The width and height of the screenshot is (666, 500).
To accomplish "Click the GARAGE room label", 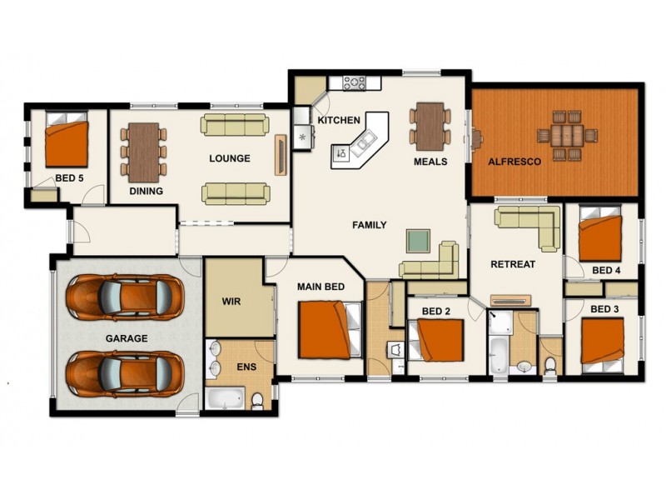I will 127,338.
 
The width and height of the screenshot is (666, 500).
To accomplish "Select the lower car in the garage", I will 125,372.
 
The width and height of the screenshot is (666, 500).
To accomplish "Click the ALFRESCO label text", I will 514,162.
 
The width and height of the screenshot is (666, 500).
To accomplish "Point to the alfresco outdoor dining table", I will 567,134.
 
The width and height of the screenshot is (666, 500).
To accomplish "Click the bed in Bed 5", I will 67,144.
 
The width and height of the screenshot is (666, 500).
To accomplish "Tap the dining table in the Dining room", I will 143,151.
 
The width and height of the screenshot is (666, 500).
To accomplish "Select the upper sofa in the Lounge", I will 235,125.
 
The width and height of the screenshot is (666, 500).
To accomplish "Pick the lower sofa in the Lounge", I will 235,193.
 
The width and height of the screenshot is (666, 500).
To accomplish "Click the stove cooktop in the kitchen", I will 355,83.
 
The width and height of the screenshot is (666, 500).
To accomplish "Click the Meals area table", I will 430,125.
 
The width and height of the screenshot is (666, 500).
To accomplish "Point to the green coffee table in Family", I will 418,240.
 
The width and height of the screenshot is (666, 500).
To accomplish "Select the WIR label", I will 231,302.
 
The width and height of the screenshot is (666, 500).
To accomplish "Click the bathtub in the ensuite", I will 225,398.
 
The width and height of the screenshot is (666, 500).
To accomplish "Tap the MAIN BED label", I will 321,287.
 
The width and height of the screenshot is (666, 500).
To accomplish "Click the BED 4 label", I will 606,270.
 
